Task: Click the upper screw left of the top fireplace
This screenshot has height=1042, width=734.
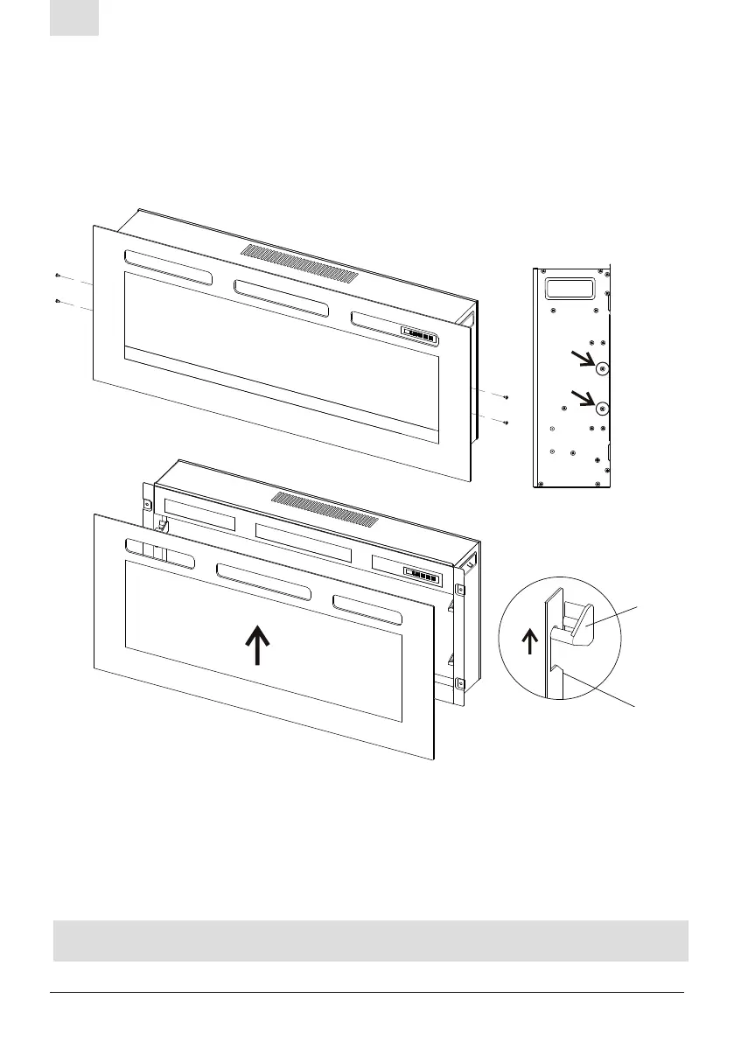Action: [x=57, y=275]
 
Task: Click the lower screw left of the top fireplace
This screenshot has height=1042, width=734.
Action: [x=57, y=301]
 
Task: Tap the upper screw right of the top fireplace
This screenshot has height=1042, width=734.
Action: [x=506, y=399]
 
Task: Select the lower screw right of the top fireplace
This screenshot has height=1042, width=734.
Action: [x=506, y=423]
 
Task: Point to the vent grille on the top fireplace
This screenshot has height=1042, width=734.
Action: [x=299, y=262]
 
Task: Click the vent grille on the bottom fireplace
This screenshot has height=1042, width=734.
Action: [x=325, y=509]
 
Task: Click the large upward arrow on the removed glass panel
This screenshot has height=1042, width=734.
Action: [x=258, y=646]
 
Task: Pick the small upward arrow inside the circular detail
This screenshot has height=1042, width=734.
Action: [x=528, y=641]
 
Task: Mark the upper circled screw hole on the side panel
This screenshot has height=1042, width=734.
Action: [x=601, y=369]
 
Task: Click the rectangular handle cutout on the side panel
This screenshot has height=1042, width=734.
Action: [x=568, y=287]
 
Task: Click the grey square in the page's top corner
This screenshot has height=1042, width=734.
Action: [x=74, y=17]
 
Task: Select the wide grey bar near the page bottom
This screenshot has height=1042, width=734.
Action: [x=370, y=941]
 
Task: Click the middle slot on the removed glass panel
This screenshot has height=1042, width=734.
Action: [x=262, y=581]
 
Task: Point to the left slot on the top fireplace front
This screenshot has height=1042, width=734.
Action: [x=168, y=269]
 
